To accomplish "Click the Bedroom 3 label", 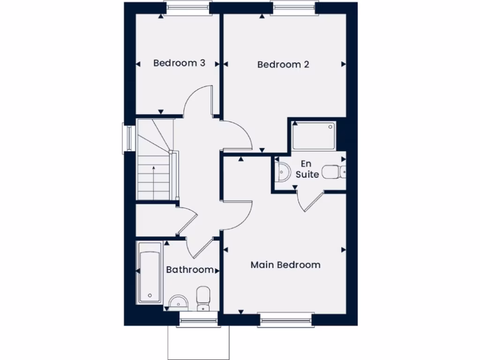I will [x=179, y=63].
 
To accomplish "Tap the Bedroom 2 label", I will [x=283, y=64].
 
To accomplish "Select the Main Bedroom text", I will [x=285, y=265].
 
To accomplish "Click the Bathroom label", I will [x=190, y=270].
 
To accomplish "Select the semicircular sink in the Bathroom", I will [x=178, y=303].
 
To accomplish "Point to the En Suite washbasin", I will [x=282, y=172].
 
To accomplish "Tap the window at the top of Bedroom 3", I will [x=187, y=7].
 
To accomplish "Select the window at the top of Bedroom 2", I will [x=293, y=7].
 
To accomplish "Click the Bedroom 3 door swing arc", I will [x=197, y=101].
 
